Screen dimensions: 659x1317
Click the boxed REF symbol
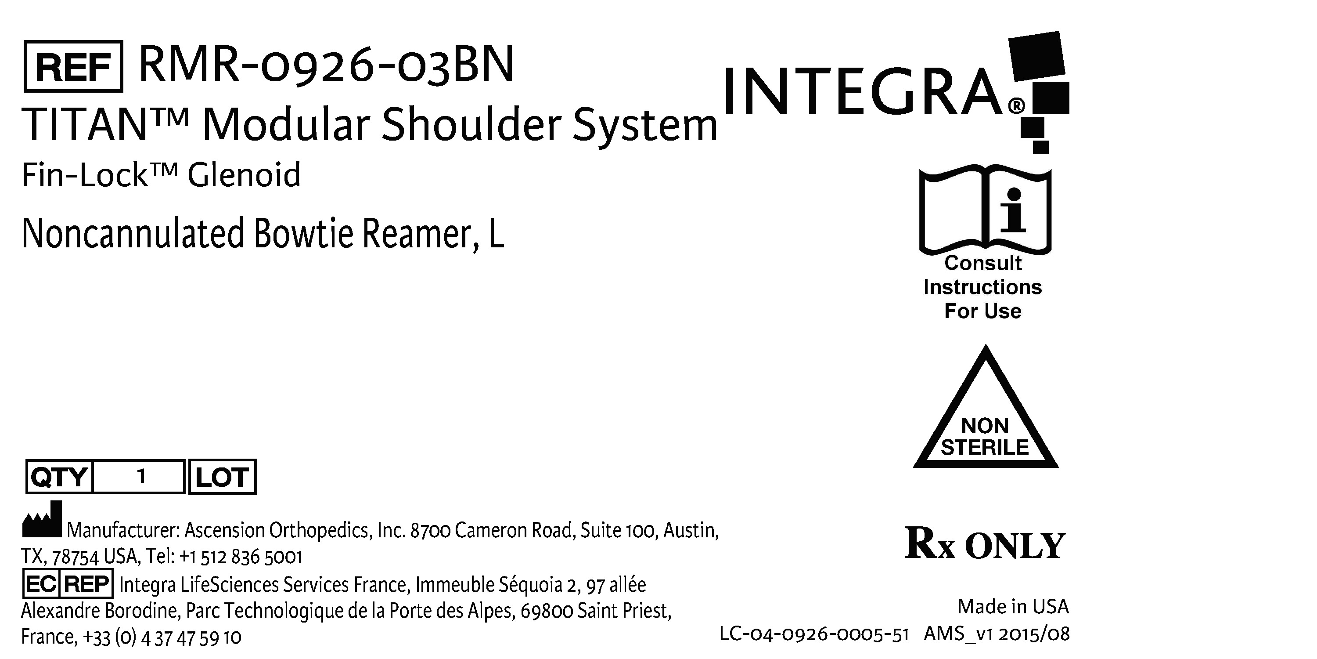(x=73, y=66)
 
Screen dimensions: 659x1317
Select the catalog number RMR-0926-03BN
(x=326, y=65)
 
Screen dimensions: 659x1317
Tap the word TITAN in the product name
(x=84, y=125)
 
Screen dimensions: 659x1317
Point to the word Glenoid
(x=244, y=175)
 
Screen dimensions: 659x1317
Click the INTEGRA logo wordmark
(x=864, y=93)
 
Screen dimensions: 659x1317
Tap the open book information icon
(x=985, y=210)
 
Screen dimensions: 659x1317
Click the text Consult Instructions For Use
(x=982, y=287)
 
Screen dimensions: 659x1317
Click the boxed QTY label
(x=59, y=477)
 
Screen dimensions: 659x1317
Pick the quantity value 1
(x=141, y=476)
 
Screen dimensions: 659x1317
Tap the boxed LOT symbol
(x=223, y=477)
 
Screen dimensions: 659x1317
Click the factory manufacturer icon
(x=42, y=520)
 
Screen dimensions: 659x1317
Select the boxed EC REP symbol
(x=68, y=584)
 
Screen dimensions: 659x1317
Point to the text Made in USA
(x=1013, y=607)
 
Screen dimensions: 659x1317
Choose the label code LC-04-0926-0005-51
(x=813, y=634)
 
